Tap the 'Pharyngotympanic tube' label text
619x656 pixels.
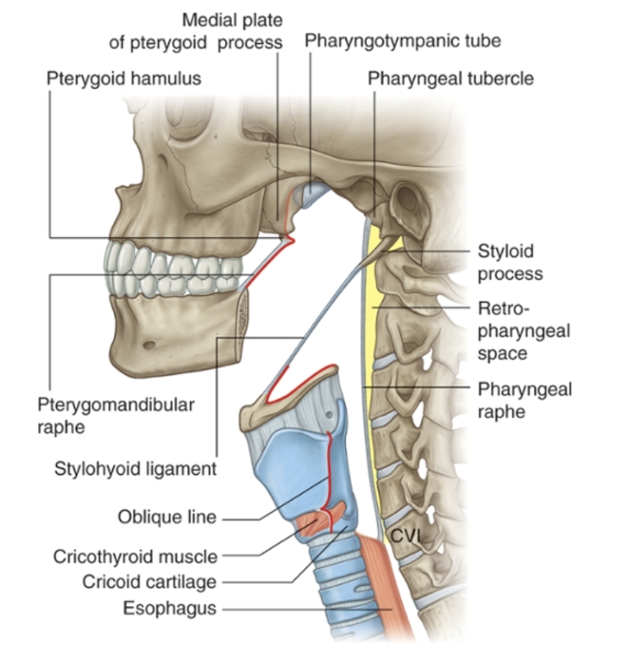pyautogui.click(x=402, y=40)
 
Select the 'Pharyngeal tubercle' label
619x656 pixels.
pyautogui.click(x=450, y=78)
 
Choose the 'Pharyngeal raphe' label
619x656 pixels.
pyautogui.click(x=524, y=399)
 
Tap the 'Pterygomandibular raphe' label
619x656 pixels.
pyautogui.click(x=115, y=414)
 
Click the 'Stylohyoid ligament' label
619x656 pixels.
pyautogui.click(x=136, y=469)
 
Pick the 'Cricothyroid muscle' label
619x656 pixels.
pyautogui.click(x=135, y=555)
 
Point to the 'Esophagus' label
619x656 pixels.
pyautogui.click(x=169, y=609)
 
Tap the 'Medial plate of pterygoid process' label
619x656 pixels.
pyautogui.click(x=196, y=31)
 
